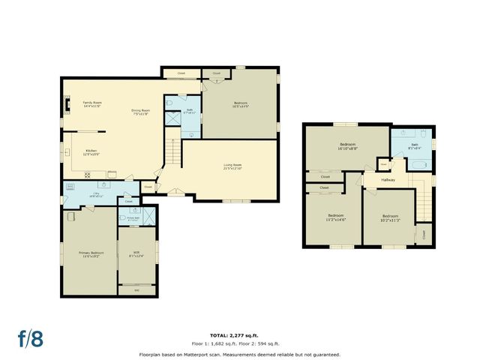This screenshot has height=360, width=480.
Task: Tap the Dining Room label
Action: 141,112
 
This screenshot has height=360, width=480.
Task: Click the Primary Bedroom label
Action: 91,254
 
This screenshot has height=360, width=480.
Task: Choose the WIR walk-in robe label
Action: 136,253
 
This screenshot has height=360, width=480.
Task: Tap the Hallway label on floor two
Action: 388,180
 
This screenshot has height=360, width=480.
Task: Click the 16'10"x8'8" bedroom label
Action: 347,145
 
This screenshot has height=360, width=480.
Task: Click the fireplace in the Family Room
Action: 66,104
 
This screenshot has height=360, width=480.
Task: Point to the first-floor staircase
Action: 172,154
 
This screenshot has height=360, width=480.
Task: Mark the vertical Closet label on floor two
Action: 424,234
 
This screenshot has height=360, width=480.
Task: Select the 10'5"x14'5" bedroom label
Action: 240,105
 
